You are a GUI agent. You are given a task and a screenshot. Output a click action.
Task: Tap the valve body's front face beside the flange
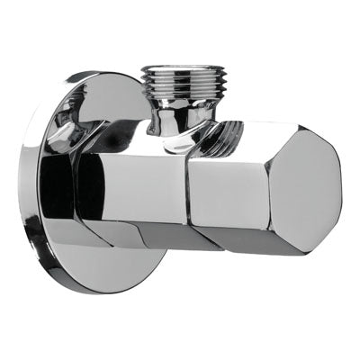pyautogui.click(x=126, y=184)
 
